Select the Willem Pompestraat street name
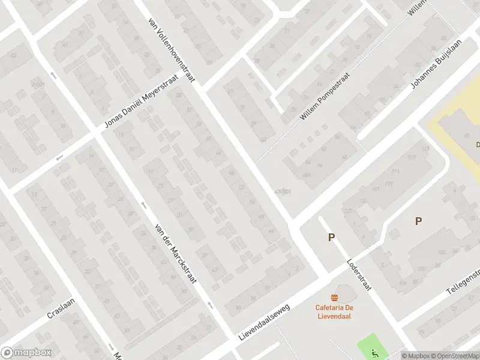(x=323, y=95)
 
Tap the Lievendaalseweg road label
(x=263, y=322)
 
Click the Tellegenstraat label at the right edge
(x=463, y=281)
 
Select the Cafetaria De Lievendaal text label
(x=334, y=312)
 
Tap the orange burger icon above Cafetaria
(x=334, y=298)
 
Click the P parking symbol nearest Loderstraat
(x=331, y=238)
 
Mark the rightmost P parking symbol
(x=418, y=221)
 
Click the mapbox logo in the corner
(x=26, y=353)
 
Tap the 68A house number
(x=307, y=175)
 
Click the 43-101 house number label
(x=282, y=191)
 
